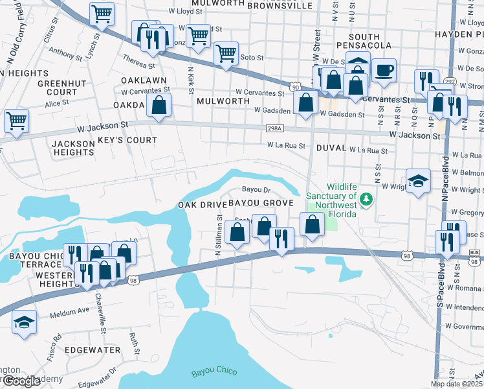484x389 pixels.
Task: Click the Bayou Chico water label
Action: click(x=214, y=371)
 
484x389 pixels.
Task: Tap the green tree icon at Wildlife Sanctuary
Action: click(x=367, y=198)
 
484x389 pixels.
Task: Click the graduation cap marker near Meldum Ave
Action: click(x=24, y=322)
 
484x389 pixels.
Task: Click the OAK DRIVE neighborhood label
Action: click(x=201, y=205)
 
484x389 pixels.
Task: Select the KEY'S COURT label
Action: click(x=132, y=140)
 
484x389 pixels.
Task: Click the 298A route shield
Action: click(x=273, y=129)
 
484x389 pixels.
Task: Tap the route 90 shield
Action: click(x=295, y=86)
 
